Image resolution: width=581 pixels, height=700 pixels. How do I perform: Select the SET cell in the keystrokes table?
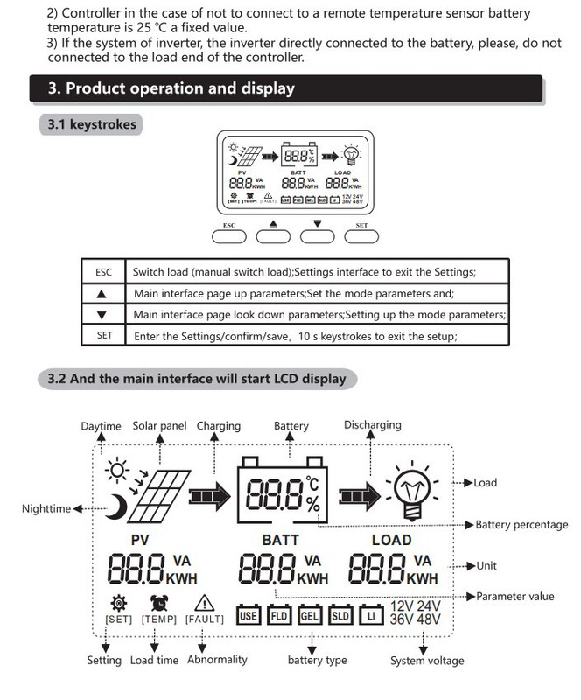point(103,336)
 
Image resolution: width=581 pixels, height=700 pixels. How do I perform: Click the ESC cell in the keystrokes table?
point(103,272)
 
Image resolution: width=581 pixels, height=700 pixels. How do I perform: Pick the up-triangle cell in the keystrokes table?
point(103,294)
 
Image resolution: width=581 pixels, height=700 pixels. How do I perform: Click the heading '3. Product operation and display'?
point(171,88)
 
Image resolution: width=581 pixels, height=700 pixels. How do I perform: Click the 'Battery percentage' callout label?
point(521,525)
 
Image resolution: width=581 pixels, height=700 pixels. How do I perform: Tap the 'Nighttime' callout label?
point(46,508)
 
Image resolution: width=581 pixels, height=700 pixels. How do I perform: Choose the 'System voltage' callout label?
point(427,661)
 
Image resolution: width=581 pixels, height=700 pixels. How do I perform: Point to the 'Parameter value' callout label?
point(515,597)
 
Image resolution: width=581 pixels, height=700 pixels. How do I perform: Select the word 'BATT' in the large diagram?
point(280,540)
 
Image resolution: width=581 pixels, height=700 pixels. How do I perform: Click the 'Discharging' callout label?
point(372,425)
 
